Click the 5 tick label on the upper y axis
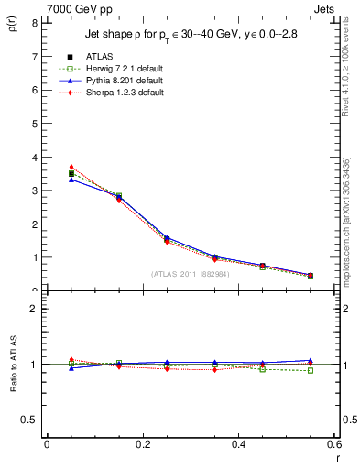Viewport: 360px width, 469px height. pyautogui.click(x=34, y=124)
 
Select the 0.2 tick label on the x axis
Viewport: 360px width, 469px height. pyautogui.click(x=142, y=444)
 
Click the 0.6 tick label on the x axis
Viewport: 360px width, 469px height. pyautogui.click(x=333, y=444)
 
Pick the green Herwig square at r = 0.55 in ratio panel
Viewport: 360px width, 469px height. pyautogui.click(x=311, y=370)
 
